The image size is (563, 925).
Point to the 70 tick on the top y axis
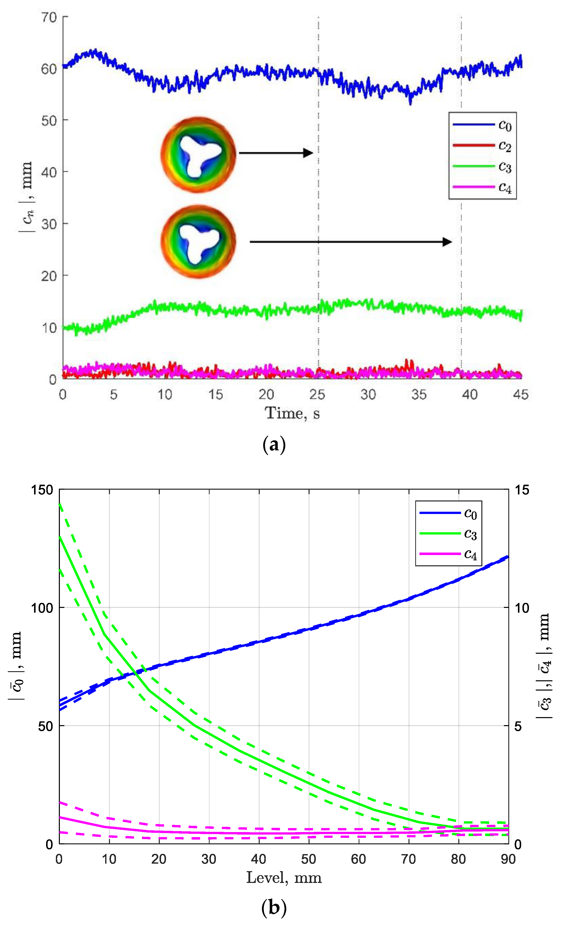point(49,17)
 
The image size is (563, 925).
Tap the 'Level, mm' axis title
point(284,878)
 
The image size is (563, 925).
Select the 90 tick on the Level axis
point(508,859)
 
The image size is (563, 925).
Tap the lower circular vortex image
point(198,242)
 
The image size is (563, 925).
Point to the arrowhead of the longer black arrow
point(447,242)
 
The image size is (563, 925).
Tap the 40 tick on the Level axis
point(259,859)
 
